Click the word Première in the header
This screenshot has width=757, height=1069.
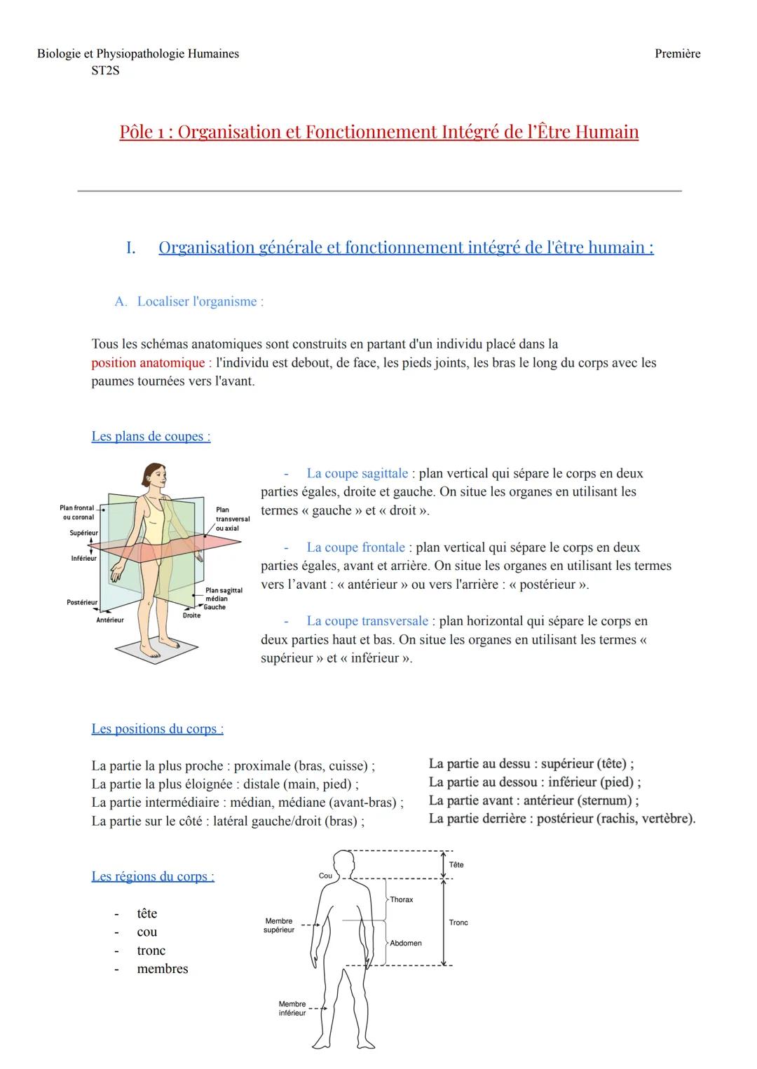pos(677,54)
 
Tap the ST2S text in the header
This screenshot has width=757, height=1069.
pos(105,71)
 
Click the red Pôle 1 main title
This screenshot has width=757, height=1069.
pos(378,132)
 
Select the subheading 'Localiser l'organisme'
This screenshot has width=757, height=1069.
pos(200,301)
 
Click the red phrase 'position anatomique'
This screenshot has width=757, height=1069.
pos(147,363)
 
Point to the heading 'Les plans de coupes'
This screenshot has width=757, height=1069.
pos(151,437)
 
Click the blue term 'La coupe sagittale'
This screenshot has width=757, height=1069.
pos(357,473)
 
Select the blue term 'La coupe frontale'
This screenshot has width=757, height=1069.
pos(355,547)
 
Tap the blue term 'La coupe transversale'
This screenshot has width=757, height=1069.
pos(367,621)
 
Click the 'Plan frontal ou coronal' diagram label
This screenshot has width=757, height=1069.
pos(77,512)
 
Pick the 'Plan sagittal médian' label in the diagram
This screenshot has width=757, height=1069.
pos(224,594)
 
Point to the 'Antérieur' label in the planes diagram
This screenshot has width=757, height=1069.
pos(109,620)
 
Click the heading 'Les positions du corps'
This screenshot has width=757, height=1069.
pos(157,729)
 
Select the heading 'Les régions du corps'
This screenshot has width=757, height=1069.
pos(153,877)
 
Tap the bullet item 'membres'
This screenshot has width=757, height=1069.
pos(163,969)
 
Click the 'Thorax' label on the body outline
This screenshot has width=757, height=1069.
pos(402,899)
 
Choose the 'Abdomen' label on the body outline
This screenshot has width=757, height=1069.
pos(406,943)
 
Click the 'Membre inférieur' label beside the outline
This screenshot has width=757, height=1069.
pos(292,1009)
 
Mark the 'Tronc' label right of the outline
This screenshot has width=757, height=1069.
pos(458,922)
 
